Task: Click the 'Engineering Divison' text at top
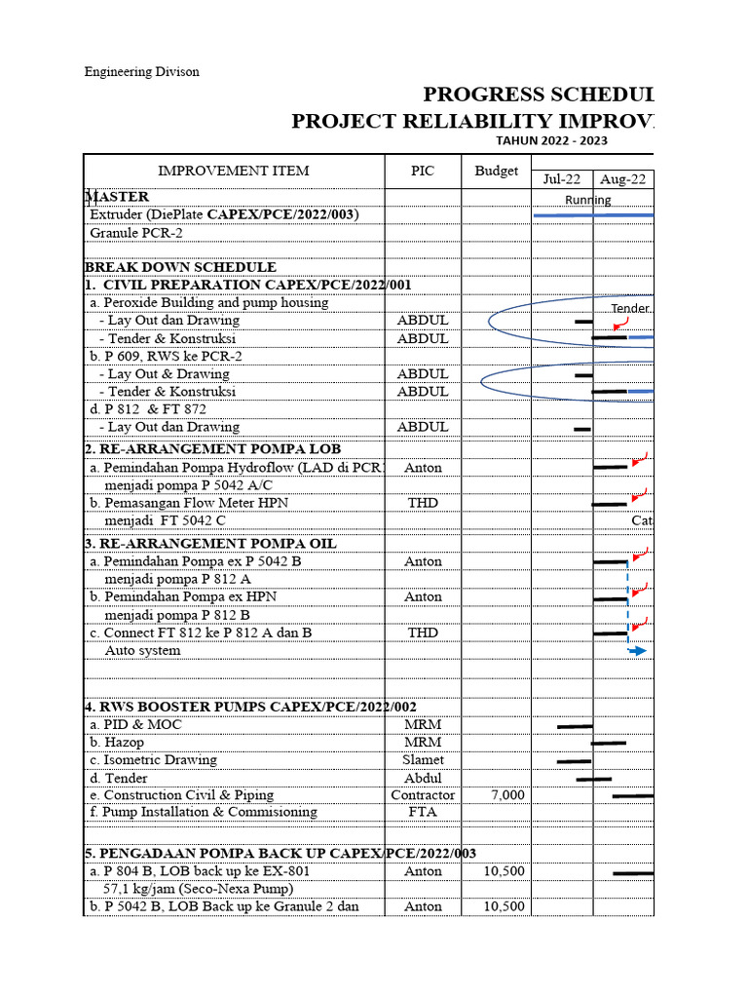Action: [x=141, y=72]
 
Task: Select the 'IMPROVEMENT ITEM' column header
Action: [x=234, y=171]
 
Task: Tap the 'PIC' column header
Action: [x=423, y=171]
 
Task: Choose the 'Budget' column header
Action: [x=497, y=171]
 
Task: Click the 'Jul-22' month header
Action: [x=562, y=179]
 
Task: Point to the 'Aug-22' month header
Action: [x=623, y=179]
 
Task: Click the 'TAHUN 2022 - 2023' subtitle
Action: [x=552, y=139]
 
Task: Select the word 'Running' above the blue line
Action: [x=588, y=200]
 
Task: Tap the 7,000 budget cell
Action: [x=507, y=795]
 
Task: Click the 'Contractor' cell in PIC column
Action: [x=423, y=795]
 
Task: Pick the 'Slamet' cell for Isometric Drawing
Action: [x=423, y=760]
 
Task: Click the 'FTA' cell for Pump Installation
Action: [x=423, y=813]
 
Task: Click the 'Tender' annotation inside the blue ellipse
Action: [x=630, y=309]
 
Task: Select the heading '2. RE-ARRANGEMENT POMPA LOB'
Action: [x=213, y=449]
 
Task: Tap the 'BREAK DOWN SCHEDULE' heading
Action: [x=181, y=267]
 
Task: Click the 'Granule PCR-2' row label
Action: [x=136, y=233]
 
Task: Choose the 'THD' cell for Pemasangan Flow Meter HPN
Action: [x=423, y=503]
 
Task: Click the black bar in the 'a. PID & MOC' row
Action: [x=575, y=726]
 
